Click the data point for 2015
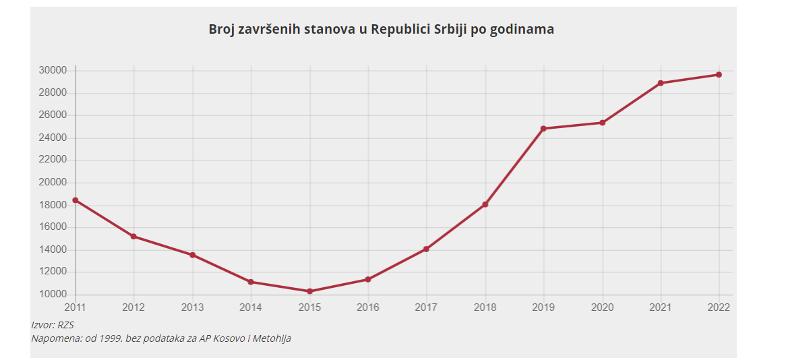[x=309, y=291]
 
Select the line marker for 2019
[x=543, y=128]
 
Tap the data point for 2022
[x=719, y=75]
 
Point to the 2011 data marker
[x=75, y=200]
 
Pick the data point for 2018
[x=485, y=204]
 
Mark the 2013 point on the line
[x=193, y=255]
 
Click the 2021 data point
[x=661, y=83]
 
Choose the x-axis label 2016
[x=367, y=307]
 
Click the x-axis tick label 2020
[x=602, y=307]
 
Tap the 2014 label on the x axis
[x=251, y=307]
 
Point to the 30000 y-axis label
[x=52, y=70]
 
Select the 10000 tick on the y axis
[x=52, y=295]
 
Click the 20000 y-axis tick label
[x=52, y=182]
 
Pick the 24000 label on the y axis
[x=52, y=138]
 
